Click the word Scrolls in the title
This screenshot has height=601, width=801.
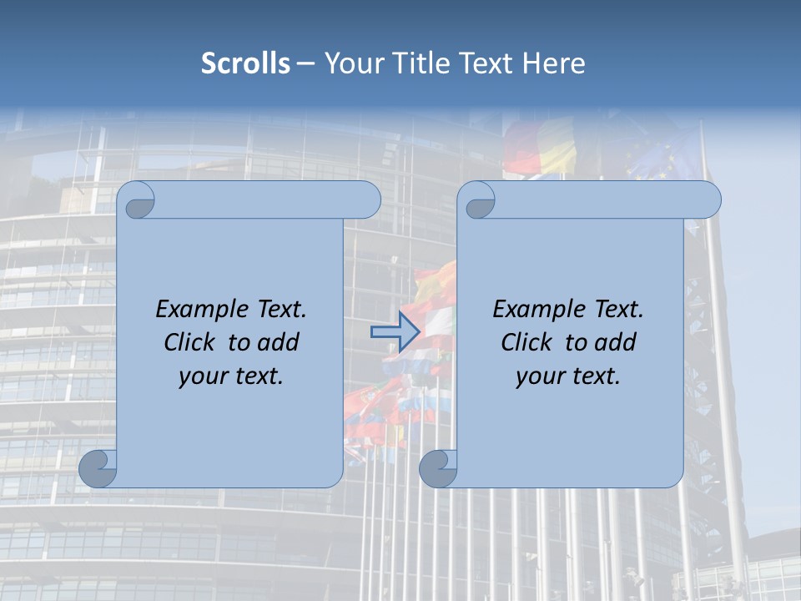tap(245, 63)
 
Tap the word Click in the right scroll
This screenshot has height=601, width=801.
tap(526, 342)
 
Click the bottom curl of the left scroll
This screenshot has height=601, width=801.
tap(98, 468)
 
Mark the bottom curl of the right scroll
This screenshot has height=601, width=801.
tap(438, 468)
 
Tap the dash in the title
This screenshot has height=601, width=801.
tap(306, 63)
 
